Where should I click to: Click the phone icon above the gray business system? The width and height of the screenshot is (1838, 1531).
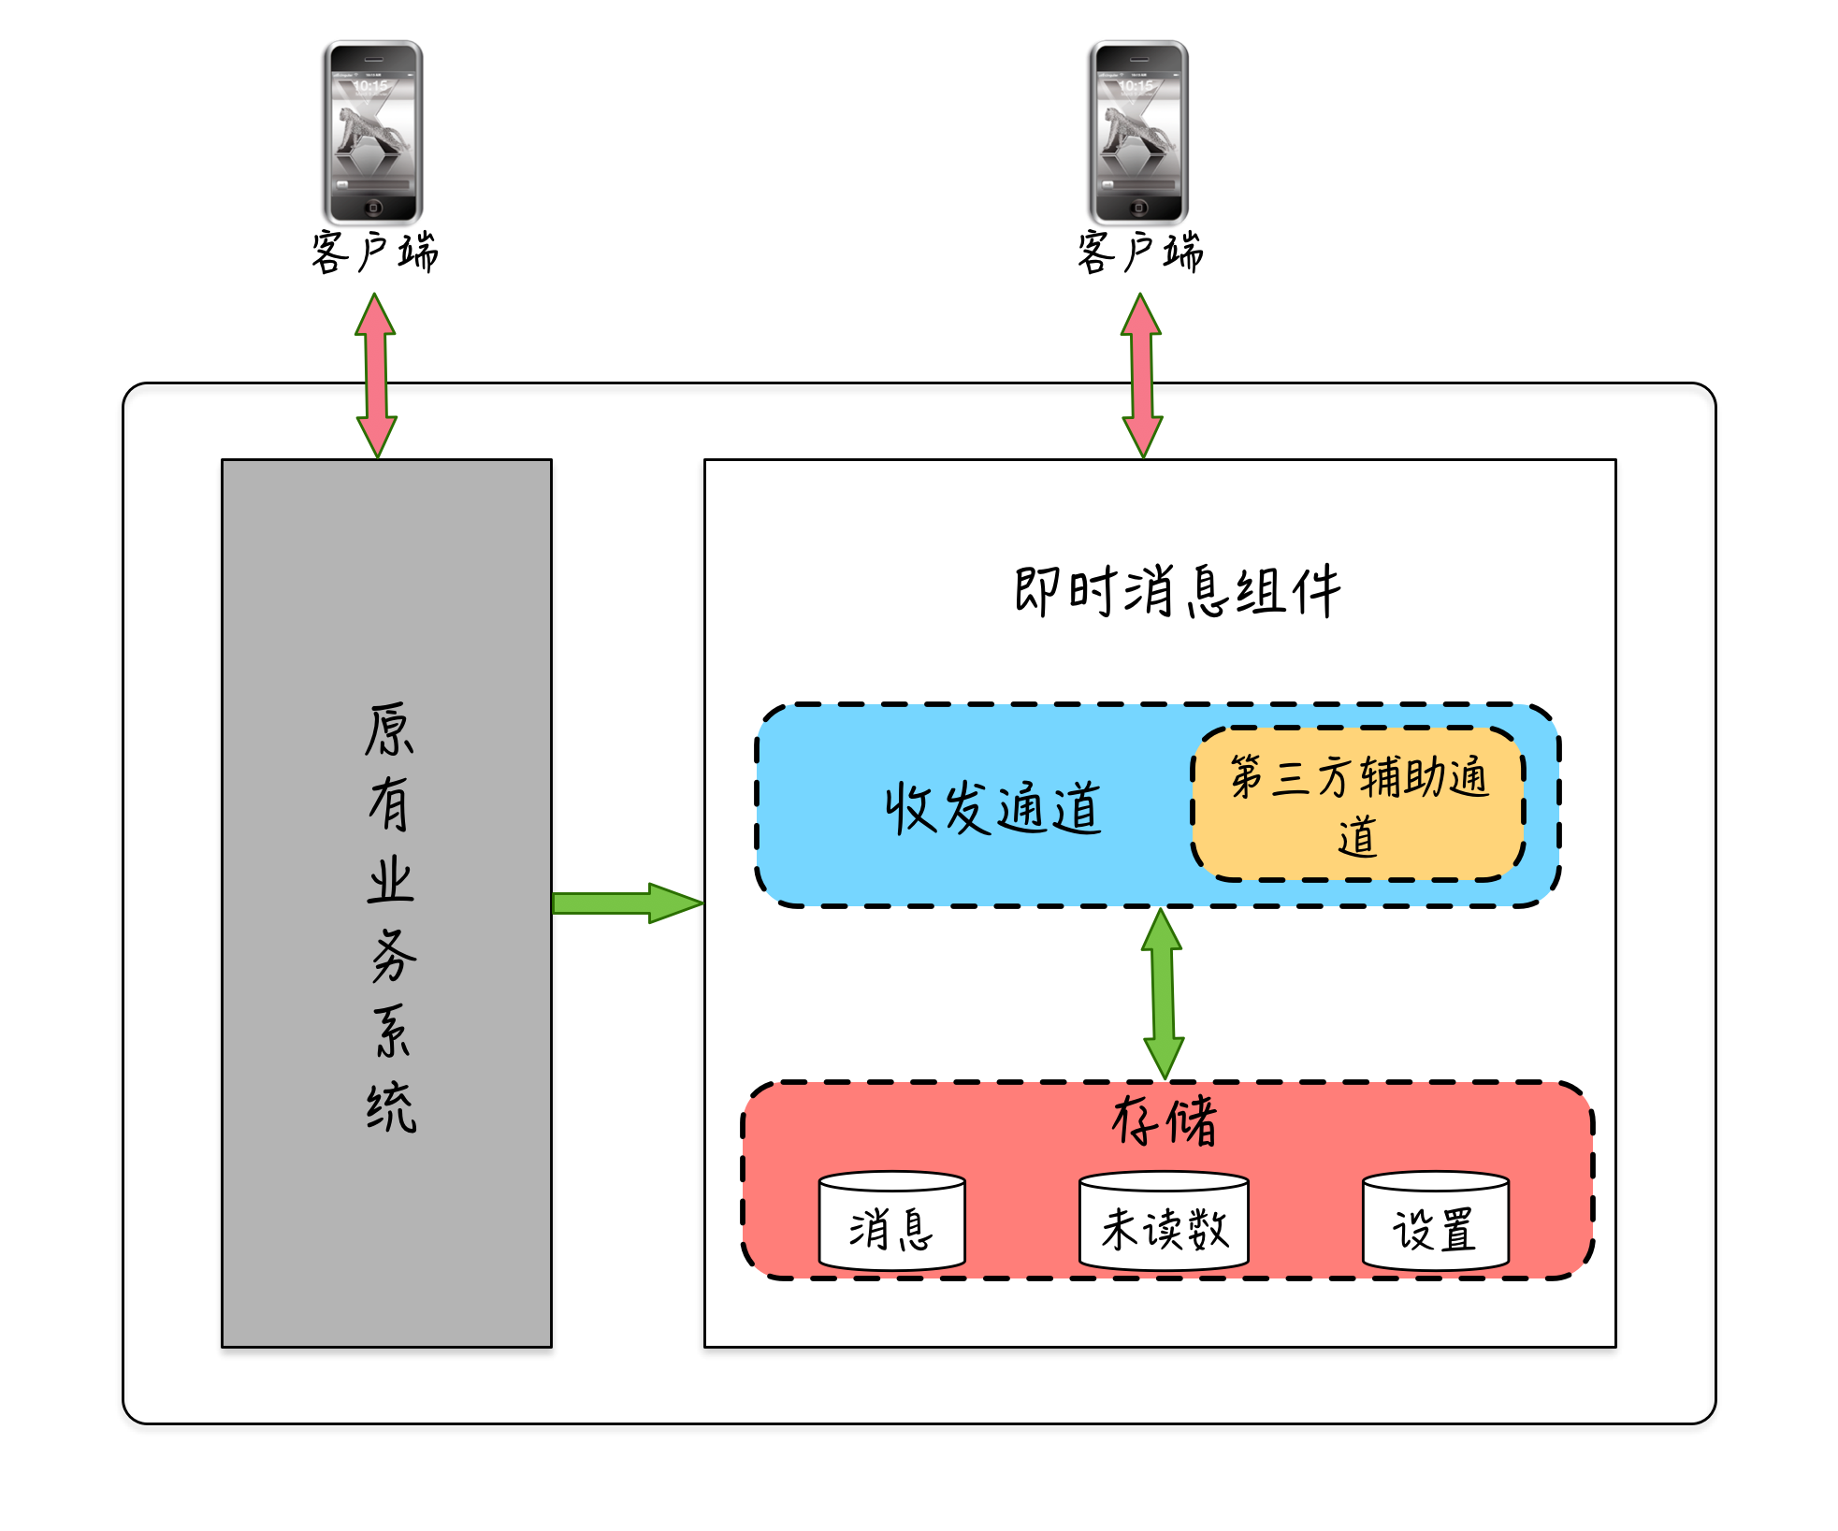coord(373,131)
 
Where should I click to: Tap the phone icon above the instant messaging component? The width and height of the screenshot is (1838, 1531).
coord(1138,131)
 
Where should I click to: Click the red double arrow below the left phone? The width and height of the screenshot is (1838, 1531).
coord(376,375)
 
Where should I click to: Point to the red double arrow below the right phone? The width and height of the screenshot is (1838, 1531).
coord(1141,375)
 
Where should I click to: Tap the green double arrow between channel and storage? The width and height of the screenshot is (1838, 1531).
coord(1163,993)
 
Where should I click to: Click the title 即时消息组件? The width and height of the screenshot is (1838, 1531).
coord(1177,591)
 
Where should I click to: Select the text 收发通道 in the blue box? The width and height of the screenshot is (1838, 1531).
coord(993,808)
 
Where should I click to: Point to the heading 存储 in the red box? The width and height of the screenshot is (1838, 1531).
coord(1165,1120)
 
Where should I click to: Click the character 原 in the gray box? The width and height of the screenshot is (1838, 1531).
coord(389,729)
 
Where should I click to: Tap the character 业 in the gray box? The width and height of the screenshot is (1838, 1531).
coord(390,881)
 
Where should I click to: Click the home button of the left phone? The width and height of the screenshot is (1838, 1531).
coord(373,208)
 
